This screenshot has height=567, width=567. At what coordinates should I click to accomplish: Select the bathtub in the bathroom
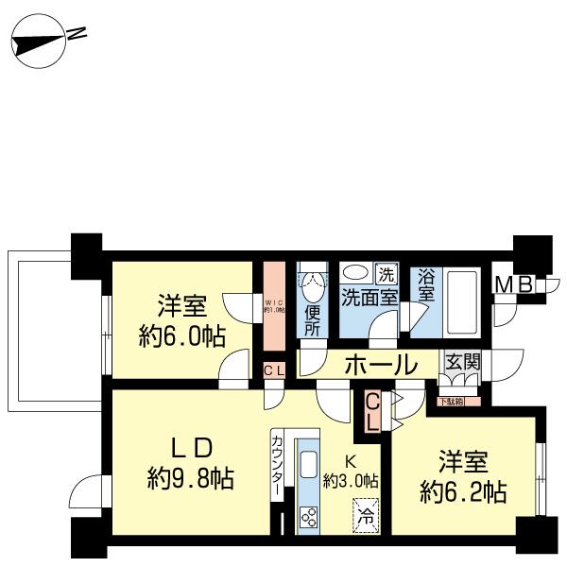click(x=462, y=301)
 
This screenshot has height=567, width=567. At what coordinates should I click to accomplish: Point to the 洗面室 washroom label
click(x=368, y=296)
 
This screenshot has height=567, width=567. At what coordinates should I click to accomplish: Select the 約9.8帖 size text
click(x=190, y=477)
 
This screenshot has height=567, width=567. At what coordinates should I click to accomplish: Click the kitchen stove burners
click(x=308, y=515)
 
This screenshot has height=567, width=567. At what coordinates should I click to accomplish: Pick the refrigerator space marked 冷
click(x=365, y=517)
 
